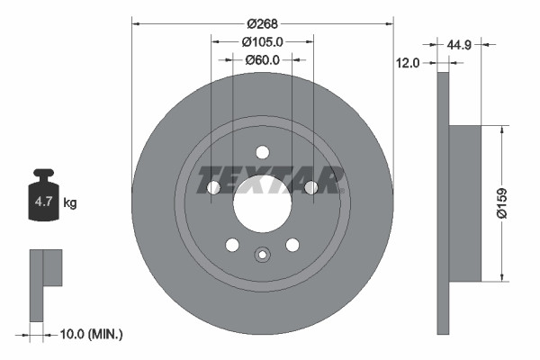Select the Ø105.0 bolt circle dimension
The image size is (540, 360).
[x=263, y=41]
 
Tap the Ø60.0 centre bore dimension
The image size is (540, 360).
[x=263, y=60]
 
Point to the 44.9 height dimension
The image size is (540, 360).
[x=461, y=42]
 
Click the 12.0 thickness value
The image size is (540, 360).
[x=409, y=64]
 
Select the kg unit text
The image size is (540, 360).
[x=70, y=203]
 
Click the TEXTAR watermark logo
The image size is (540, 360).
[x=271, y=180]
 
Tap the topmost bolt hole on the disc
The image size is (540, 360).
[x=263, y=152]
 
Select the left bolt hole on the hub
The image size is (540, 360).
[x=213, y=187]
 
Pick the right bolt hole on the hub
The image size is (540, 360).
[x=311, y=187]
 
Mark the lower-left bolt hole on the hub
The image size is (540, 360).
[x=232, y=245]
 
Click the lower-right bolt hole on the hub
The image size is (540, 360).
[x=292, y=245]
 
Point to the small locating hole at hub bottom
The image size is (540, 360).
[x=263, y=255]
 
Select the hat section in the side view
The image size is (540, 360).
[x=464, y=203]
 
